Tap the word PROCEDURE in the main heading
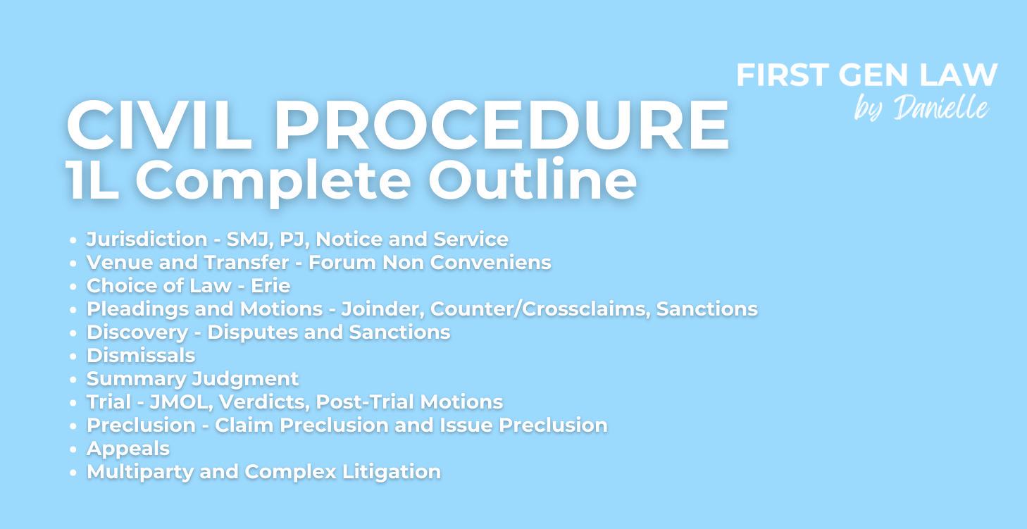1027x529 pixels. (501, 125)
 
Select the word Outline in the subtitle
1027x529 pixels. (532, 180)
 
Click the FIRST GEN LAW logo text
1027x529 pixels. (866, 75)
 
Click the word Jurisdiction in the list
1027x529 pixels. (147, 239)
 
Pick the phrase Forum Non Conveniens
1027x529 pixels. (430, 263)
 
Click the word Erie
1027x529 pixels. (270, 286)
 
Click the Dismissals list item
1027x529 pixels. (141, 356)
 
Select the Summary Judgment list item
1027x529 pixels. (192, 379)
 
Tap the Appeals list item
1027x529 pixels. (128, 449)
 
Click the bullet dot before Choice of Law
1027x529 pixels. (73, 287)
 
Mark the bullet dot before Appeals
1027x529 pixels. (73, 449)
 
